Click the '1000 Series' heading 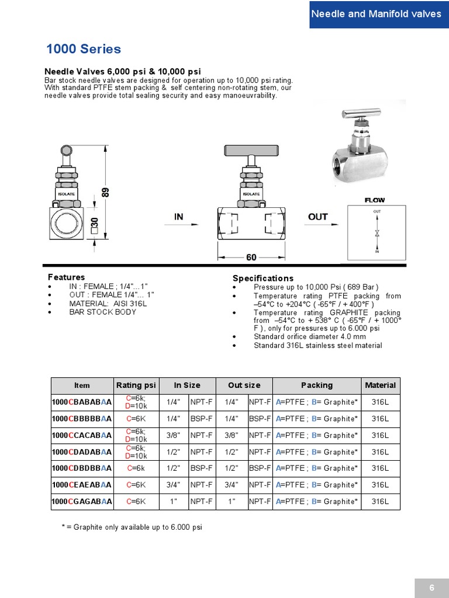point(84,49)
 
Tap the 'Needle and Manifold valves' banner point(376,14)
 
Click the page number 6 point(431,588)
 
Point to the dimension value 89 point(106,192)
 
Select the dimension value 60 point(251,258)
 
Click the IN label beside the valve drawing point(179,217)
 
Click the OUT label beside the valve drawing point(317,217)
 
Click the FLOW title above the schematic point(375,200)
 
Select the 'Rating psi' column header point(136,385)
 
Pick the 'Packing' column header point(316,385)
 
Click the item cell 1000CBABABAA point(82,402)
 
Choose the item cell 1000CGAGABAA point(82,501)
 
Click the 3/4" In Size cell point(173,485)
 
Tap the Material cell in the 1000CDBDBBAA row point(380,468)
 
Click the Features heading point(66,277)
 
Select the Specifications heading point(263,278)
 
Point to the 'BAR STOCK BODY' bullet point(102,312)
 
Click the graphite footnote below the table point(132,527)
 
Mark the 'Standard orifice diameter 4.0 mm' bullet point(309,336)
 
